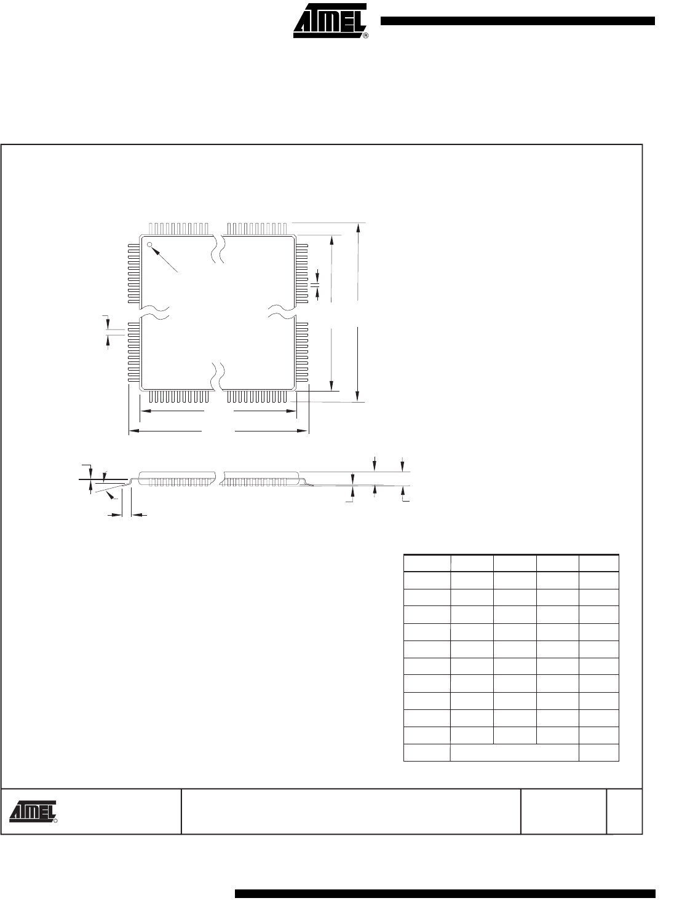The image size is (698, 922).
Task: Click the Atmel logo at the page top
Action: (x=329, y=20)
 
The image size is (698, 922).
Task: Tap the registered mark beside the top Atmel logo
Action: (x=365, y=36)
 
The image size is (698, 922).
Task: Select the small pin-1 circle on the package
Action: (x=149, y=244)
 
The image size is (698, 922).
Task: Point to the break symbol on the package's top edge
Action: (x=218, y=250)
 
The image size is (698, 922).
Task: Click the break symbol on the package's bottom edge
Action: (x=218, y=376)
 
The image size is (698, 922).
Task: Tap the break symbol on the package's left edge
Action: (x=154, y=312)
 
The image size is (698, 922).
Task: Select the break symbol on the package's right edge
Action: (x=282, y=312)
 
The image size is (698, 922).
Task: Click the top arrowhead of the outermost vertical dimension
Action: (x=358, y=228)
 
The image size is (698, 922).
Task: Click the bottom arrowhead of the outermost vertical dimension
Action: (x=358, y=396)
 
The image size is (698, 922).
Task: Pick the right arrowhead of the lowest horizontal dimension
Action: (x=303, y=430)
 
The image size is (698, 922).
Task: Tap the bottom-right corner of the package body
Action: (x=295, y=389)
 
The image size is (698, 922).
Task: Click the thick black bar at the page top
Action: (x=518, y=21)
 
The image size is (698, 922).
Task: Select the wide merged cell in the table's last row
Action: (x=514, y=752)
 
